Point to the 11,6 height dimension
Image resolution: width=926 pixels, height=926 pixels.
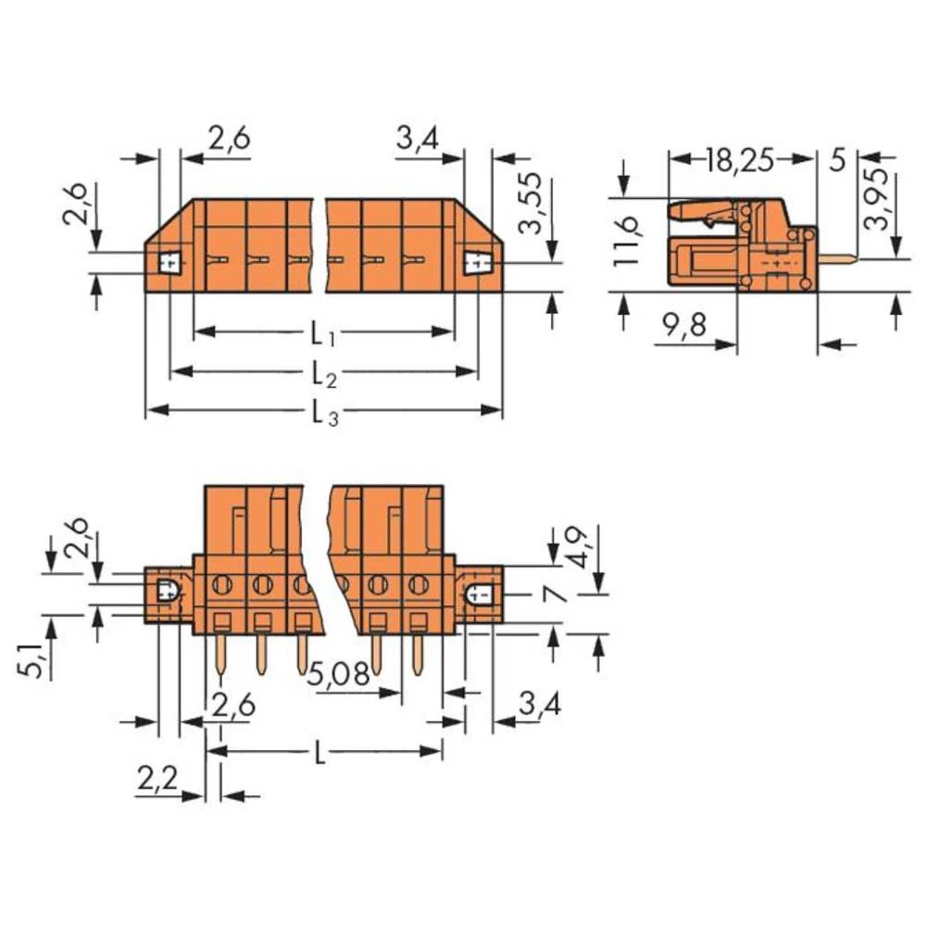pyautogui.click(x=626, y=238)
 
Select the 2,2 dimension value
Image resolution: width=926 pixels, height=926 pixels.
pyautogui.click(x=157, y=781)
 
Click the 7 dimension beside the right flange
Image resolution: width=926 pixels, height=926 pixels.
pyautogui.click(x=557, y=594)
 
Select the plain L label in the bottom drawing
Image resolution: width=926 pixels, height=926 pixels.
pyautogui.click(x=319, y=754)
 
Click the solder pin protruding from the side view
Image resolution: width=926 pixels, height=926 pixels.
pyautogui.click(x=838, y=259)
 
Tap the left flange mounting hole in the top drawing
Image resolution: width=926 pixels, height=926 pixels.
pyautogui.click(x=169, y=263)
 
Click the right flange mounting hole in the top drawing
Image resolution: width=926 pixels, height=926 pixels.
pyautogui.click(x=476, y=264)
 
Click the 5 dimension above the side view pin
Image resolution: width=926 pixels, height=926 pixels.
pyautogui.click(x=837, y=160)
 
